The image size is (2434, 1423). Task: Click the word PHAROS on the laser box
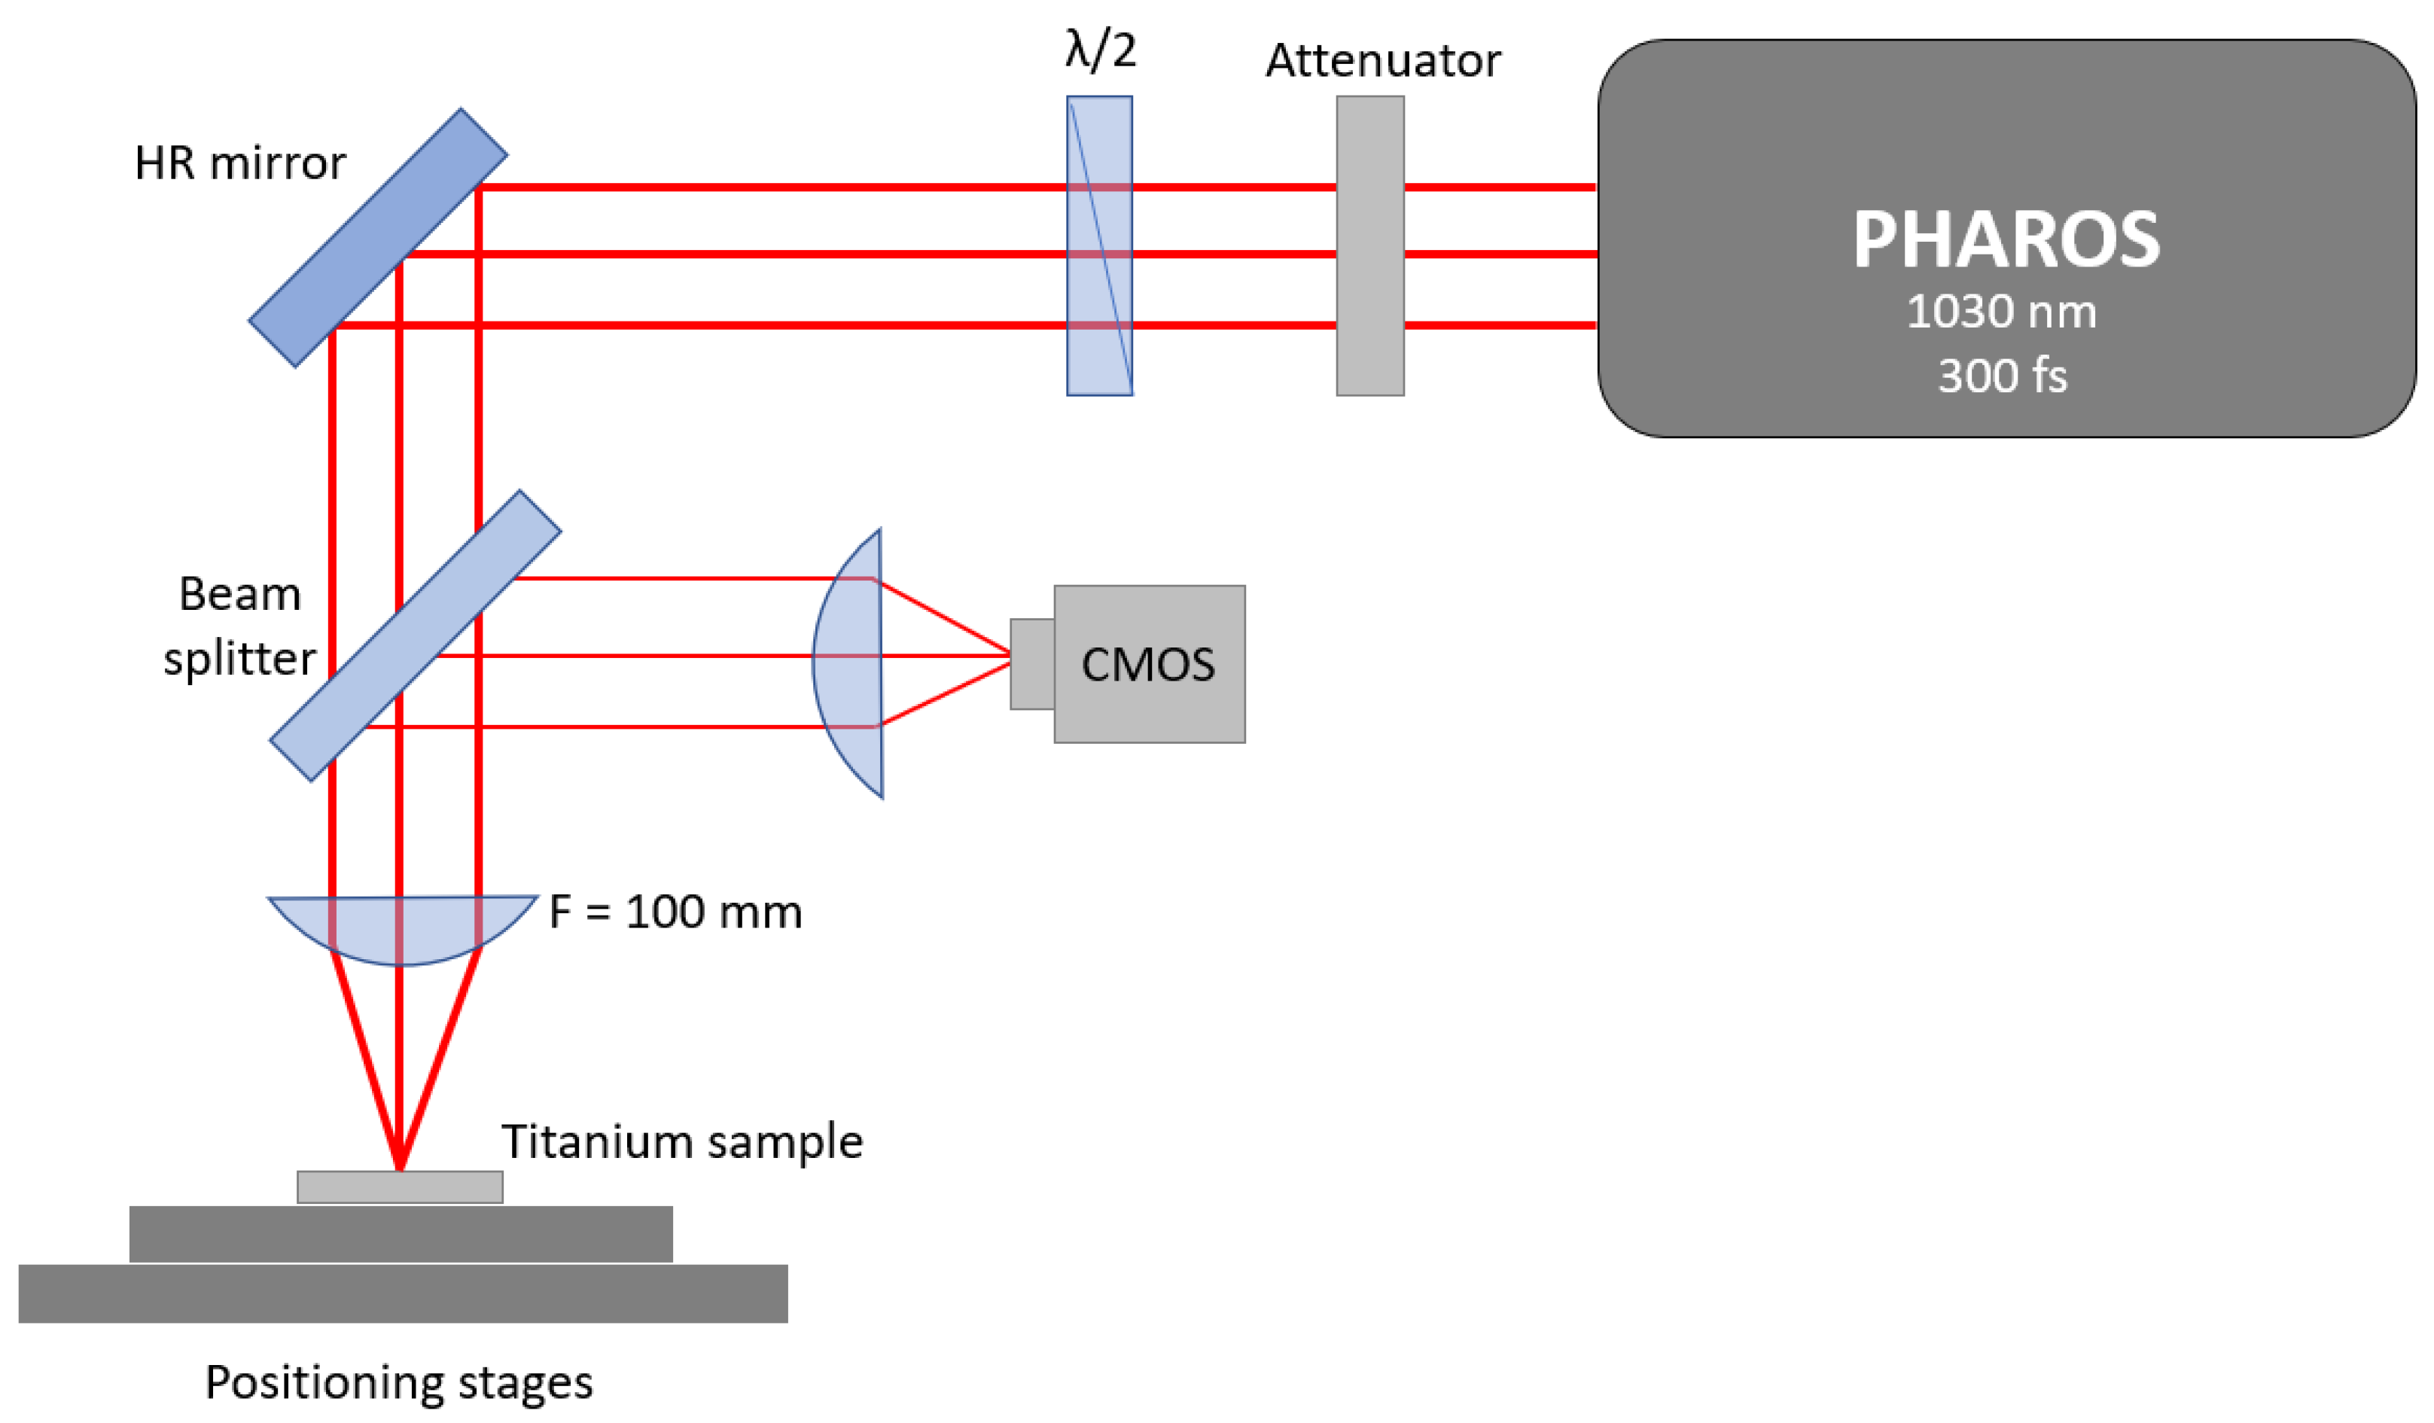point(2004,240)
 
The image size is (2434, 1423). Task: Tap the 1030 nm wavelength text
point(2000,312)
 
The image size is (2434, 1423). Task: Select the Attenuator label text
point(1382,61)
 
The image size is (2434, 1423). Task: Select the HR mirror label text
point(239,163)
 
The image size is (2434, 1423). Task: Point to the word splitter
point(239,659)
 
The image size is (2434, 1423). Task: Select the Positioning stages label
point(399,1382)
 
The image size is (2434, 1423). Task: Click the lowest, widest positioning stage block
point(403,1293)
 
